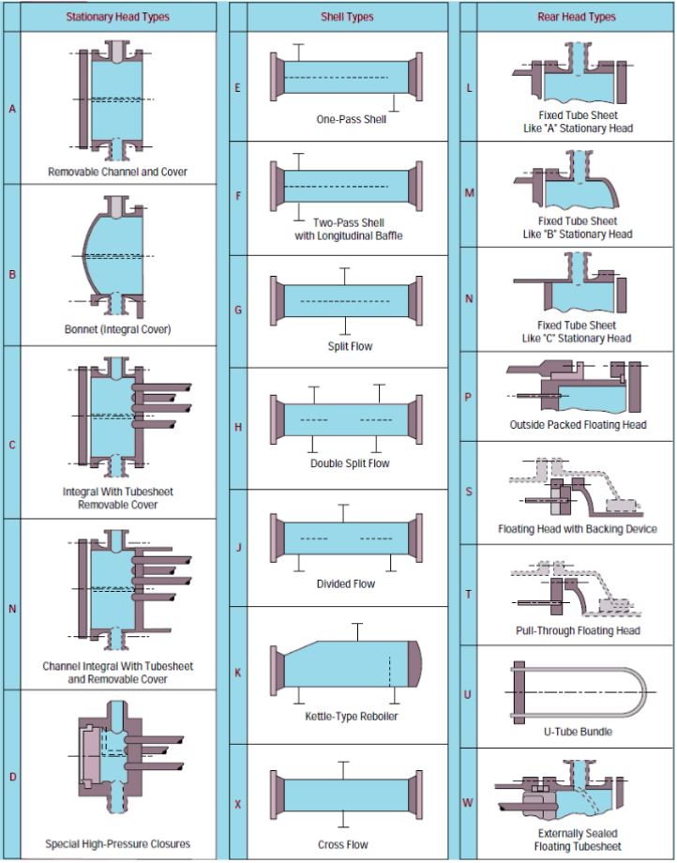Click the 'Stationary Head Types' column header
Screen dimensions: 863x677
[x=118, y=17]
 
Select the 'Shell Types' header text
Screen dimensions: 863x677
[x=346, y=17]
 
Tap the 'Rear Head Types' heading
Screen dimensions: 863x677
[x=576, y=17]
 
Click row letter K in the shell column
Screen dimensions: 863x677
[x=237, y=674]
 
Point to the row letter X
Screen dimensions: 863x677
[x=237, y=804]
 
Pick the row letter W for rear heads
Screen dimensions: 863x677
[x=468, y=803]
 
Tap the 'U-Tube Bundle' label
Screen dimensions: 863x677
[x=577, y=731]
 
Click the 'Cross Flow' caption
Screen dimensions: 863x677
[x=345, y=844]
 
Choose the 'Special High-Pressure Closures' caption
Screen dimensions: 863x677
[x=118, y=844]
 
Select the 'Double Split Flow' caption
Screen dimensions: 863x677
[x=351, y=463]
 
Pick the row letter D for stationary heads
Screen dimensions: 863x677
[x=12, y=777]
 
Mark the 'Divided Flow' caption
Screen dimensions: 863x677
[x=345, y=583]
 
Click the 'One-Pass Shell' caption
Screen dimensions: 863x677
[x=345, y=119]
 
